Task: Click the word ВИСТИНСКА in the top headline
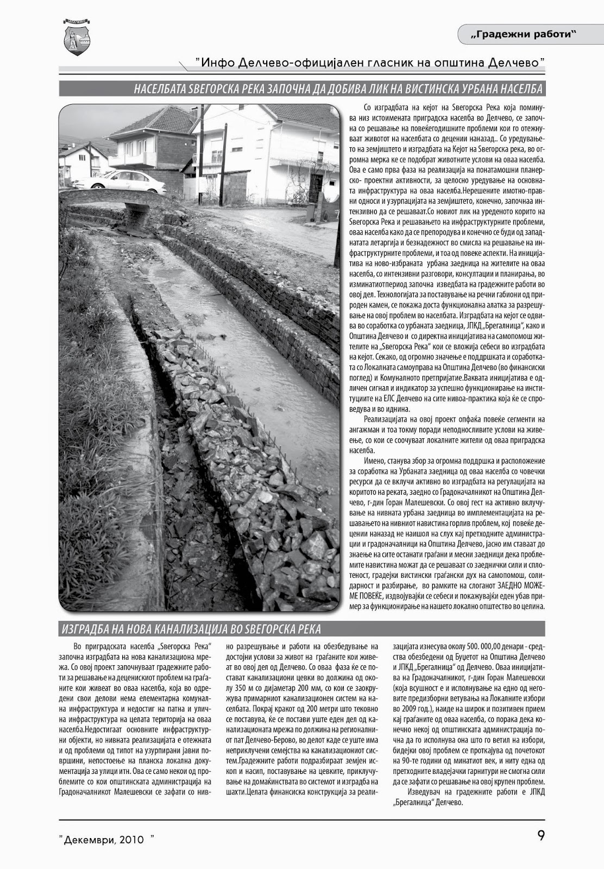(409, 89)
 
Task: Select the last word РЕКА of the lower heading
(308, 629)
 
